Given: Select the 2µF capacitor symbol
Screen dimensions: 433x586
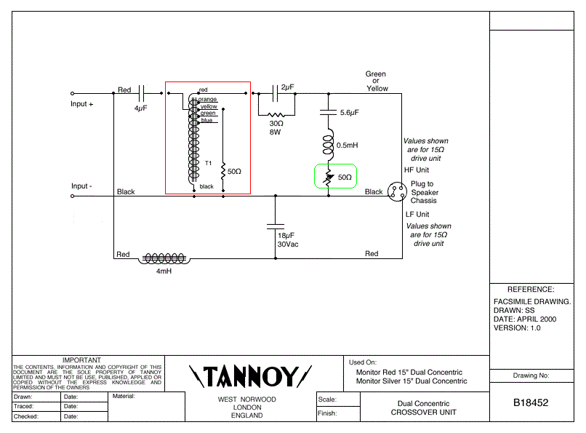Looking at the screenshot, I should point(276,93).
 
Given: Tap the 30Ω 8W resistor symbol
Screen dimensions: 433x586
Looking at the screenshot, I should point(276,115).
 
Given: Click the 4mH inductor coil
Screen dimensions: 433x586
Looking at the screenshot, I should point(164,258).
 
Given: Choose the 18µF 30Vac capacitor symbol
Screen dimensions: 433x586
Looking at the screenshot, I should point(275,224).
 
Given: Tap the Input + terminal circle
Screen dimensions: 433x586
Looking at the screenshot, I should point(72,94).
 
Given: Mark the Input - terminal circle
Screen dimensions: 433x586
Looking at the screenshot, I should point(72,196).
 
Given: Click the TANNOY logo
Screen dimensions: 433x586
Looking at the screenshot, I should point(251,376).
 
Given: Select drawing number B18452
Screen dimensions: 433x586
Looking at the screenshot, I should point(530,402).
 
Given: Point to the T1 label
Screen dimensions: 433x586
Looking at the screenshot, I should point(208,163).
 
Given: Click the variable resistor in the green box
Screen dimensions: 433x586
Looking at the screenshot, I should point(329,178).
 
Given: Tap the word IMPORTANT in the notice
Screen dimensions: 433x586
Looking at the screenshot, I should point(81,360).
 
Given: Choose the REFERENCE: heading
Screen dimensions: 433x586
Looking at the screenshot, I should point(530,290).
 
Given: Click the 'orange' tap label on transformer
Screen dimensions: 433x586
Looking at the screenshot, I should point(207,99).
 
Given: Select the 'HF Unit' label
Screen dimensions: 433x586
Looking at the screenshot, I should point(417,170).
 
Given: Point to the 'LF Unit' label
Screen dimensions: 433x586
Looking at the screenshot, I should point(417,215).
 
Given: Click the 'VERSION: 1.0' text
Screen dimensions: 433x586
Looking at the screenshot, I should point(517,327).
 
